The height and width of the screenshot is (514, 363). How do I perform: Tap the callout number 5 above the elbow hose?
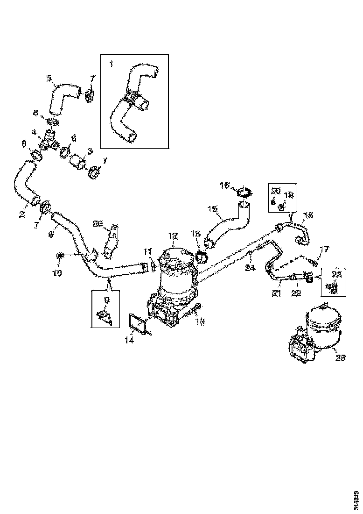pos(49,78)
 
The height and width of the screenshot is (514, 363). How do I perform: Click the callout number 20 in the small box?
pos(275,190)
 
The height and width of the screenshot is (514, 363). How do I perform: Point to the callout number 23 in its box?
pos(336,274)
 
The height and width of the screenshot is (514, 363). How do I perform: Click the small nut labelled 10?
pos(59,256)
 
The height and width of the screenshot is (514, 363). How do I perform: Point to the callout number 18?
pos(308,216)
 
